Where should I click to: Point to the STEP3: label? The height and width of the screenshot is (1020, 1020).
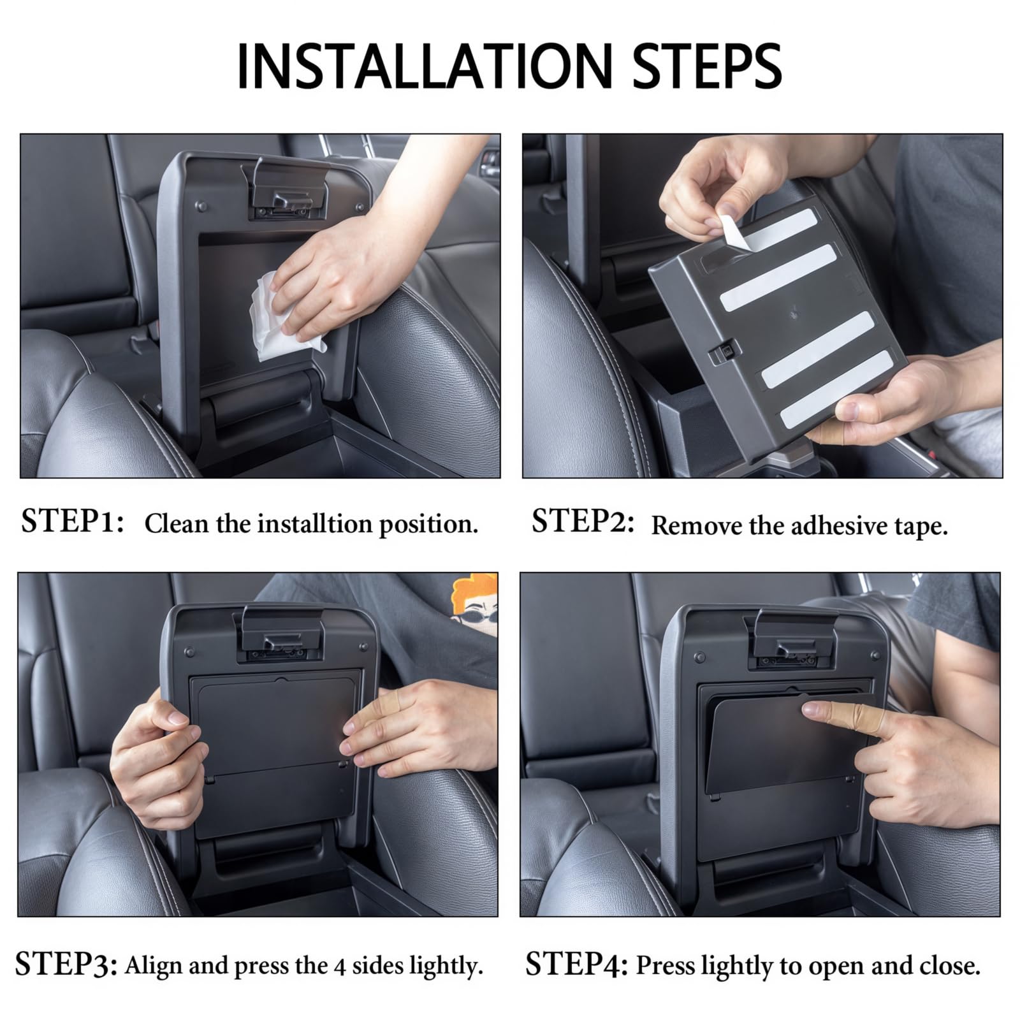tap(66, 965)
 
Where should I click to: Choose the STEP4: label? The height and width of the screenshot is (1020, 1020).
tap(578, 965)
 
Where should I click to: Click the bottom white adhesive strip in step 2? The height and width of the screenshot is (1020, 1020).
tap(837, 389)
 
